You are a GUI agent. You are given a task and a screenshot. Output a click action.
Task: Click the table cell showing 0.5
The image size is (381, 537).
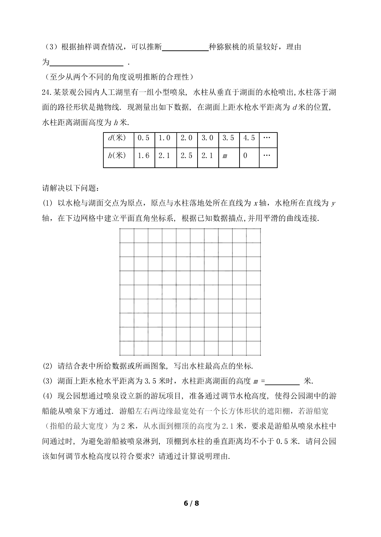(x=144, y=138)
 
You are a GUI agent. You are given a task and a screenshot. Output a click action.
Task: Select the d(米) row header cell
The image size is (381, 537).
(x=118, y=138)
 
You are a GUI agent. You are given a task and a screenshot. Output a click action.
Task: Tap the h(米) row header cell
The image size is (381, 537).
(x=118, y=155)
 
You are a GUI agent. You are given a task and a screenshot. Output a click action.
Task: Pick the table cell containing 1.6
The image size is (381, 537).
(x=144, y=155)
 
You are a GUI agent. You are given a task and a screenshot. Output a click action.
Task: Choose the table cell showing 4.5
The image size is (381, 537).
(x=249, y=138)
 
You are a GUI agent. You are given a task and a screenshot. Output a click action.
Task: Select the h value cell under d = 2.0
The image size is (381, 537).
(x=186, y=155)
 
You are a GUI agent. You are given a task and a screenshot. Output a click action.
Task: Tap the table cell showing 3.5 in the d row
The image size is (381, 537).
(x=228, y=138)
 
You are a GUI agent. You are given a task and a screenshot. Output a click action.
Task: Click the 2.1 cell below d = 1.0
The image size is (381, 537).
(x=165, y=155)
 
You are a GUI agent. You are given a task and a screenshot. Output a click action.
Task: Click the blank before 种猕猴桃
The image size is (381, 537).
(x=186, y=48)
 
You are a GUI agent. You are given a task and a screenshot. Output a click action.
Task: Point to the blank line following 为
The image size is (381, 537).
(x=87, y=63)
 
